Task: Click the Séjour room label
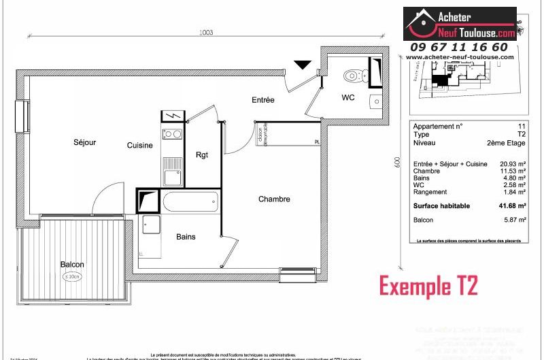click(x=85, y=142)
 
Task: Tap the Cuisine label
click(x=139, y=145)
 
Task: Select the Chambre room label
click(x=274, y=199)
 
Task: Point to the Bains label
click(x=186, y=236)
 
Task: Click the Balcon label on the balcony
click(x=72, y=264)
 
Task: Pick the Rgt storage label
click(x=202, y=154)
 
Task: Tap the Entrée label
click(x=263, y=100)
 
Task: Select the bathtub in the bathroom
click(x=191, y=202)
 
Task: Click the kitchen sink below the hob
click(x=171, y=177)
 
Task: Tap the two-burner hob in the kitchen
click(x=172, y=134)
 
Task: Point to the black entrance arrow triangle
click(x=303, y=65)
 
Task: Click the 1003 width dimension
click(x=206, y=32)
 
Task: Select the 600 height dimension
click(x=396, y=164)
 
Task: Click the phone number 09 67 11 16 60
click(x=458, y=47)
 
